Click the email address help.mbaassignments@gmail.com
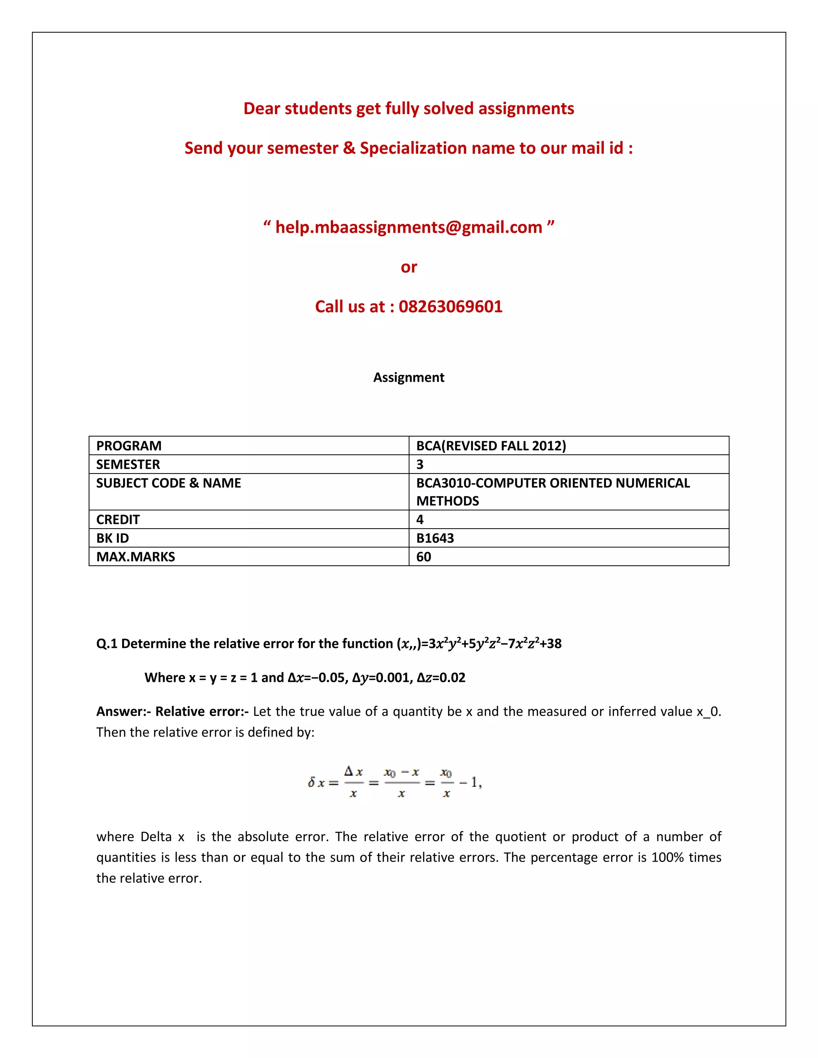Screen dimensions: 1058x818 pos(409,227)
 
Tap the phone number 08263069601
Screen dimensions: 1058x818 pos(450,307)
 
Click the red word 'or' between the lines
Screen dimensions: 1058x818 pos(409,267)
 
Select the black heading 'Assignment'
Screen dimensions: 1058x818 pos(409,377)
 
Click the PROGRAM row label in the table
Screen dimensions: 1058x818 pos(129,446)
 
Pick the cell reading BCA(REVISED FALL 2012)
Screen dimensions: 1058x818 pos(491,446)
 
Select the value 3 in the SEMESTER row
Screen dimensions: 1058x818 pos(420,465)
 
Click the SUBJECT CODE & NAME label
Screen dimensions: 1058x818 pos(168,483)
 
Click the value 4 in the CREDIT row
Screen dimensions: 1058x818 pos(420,519)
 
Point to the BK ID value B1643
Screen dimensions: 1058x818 pos(435,538)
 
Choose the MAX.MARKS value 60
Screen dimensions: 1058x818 pos(423,557)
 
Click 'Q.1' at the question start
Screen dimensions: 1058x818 pos(107,644)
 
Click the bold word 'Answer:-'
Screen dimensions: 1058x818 pos(123,711)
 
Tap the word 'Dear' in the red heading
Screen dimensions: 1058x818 pos(262,109)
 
